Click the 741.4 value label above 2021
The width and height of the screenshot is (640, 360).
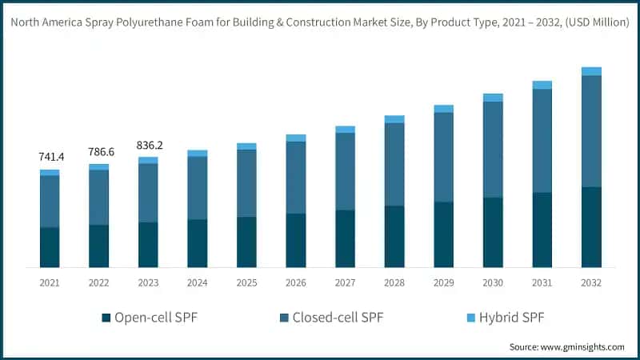coord(50,157)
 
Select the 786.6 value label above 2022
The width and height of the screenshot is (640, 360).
coord(98,151)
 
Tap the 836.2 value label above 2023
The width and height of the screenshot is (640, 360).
coord(148,145)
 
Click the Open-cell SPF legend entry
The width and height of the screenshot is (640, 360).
coord(149,318)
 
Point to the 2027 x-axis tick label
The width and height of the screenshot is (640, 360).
coord(345,282)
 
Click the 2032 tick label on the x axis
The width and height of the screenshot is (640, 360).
coord(591,282)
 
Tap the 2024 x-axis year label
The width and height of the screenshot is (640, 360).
coord(197,282)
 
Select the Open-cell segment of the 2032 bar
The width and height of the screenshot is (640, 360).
coord(591,226)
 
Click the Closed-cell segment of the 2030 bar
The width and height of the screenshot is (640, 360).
coord(493,150)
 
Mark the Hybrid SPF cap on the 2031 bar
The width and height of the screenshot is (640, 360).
coord(542,85)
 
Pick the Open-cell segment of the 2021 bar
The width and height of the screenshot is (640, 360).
coord(50,247)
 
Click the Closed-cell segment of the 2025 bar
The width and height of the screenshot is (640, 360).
coord(246,183)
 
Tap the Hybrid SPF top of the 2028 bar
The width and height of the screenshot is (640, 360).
coord(394,119)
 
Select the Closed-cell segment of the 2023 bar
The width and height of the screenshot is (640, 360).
coord(148,193)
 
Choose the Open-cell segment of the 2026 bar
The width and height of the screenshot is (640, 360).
coord(296,240)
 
